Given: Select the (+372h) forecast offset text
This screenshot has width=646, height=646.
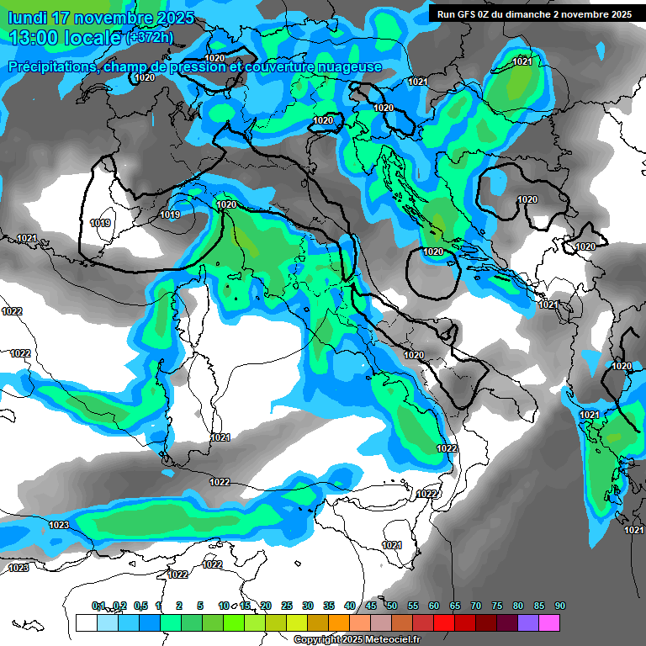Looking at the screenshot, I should [x=150, y=38].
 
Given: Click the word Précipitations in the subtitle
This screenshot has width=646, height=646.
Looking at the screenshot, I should [x=50, y=66].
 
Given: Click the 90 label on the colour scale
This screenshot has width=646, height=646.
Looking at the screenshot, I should [x=560, y=606].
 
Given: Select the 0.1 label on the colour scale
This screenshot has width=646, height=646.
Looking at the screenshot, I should [x=98, y=606].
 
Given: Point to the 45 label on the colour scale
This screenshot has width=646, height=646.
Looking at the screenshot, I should [x=371, y=606].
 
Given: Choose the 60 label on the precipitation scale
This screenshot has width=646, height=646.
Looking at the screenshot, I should [x=434, y=606].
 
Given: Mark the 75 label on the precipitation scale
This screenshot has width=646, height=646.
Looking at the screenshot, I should [x=497, y=606].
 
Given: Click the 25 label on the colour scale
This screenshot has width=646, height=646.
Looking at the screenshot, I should [x=287, y=606].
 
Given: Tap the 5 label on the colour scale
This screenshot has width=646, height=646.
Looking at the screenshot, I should [x=200, y=606].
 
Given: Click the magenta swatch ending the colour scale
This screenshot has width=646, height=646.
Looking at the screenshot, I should [x=549, y=622].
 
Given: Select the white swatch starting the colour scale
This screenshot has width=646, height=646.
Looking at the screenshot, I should [x=86, y=622].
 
